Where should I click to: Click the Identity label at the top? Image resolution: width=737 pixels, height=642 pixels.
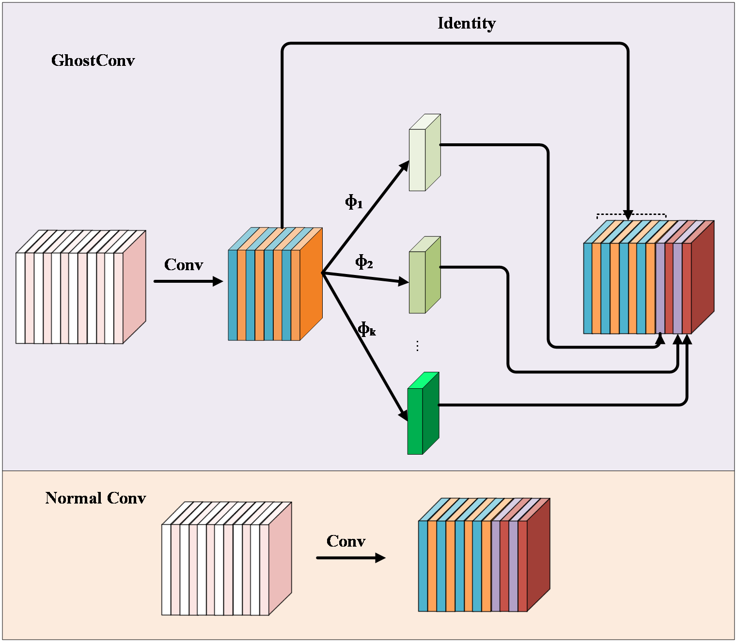click(467, 23)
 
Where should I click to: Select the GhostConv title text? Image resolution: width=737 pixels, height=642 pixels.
click(93, 61)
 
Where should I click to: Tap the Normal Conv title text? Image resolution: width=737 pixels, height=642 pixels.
click(95, 498)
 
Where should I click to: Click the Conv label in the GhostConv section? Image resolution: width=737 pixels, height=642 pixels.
click(184, 265)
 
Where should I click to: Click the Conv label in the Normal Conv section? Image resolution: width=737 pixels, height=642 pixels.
click(346, 541)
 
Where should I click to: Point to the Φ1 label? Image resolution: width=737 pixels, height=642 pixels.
click(354, 201)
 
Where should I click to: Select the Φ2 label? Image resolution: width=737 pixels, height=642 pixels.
click(364, 262)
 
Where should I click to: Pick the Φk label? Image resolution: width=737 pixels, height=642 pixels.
click(367, 329)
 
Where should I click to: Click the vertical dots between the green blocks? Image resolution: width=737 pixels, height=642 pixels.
click(417, 345)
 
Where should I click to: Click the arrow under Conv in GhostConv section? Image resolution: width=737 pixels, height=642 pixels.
click(188, 281)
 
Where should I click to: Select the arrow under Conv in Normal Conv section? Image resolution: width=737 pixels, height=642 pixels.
click(350, 558)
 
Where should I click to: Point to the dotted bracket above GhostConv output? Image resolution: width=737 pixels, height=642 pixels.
click(631, 214)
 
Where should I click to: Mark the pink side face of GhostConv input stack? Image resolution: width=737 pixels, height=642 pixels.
click(134, 287)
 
